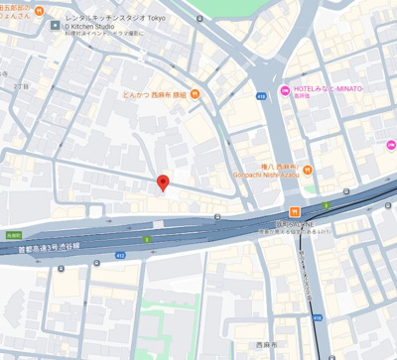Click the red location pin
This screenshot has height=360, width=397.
[163, 182]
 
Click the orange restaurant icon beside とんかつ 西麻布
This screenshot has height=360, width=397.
[196, 94]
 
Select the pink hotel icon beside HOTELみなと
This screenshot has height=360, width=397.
[285, 90]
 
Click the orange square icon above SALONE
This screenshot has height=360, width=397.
[295, 211]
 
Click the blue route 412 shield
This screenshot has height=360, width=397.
[120, 255]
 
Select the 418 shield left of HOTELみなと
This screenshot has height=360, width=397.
[261, 96]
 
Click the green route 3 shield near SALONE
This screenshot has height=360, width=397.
[326, 205]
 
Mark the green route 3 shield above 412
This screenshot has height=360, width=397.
[147, 239]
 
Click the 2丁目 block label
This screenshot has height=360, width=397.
[21, 86]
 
